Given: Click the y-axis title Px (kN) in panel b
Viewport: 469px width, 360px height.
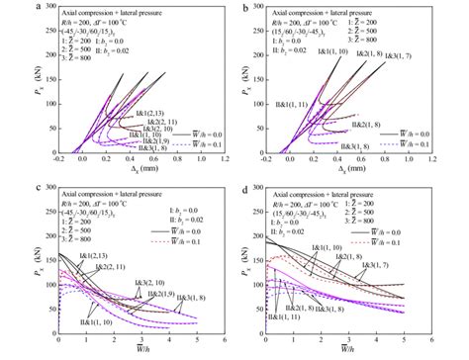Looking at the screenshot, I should tap(249, 79).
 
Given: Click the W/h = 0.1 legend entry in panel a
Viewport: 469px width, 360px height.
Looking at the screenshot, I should tap(203, 142).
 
